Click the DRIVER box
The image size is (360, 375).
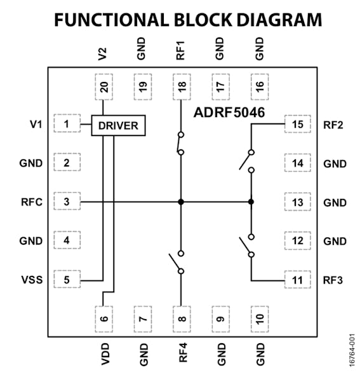point(119,125)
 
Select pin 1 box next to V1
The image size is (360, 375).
point(66,125)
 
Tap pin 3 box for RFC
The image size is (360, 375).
point(66,202)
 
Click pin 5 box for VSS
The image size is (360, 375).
point(66,280)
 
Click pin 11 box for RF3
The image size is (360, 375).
point(297,280)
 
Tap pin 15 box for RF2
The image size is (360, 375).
point(297,125)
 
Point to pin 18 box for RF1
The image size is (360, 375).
point(181,87)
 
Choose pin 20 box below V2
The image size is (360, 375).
point(103,87)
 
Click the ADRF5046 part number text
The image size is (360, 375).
point(229,113)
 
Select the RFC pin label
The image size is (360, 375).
point(30,203)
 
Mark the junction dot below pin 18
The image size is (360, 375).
point(181,202)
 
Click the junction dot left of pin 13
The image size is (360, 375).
point(251,202)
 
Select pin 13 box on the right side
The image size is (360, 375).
point(297,202)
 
